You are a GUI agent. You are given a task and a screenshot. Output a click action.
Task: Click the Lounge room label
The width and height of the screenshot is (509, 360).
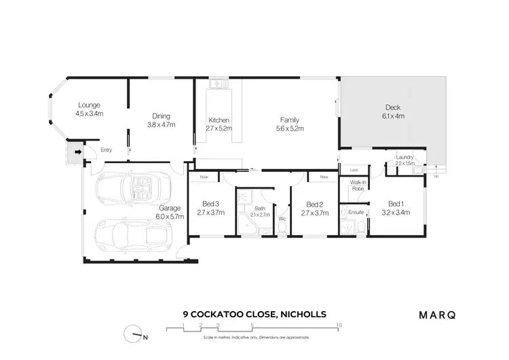tap(89, 105)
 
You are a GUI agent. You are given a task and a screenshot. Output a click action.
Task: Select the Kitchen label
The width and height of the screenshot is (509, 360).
tap(219, 120)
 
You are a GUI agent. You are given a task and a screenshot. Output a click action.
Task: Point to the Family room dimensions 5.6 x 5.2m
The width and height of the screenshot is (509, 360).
tap(290, 128)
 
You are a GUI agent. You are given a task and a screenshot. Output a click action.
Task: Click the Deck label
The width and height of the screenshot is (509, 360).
tap(394, 107)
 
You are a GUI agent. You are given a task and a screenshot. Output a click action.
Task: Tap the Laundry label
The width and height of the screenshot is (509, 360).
tap(404, 158)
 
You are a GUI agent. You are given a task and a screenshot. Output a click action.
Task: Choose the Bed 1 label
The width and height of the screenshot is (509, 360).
tap(396, 203)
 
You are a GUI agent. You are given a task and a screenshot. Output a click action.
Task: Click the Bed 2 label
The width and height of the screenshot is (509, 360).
tap(314, 204)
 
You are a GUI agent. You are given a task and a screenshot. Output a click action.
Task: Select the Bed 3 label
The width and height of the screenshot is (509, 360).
tap(210, 204)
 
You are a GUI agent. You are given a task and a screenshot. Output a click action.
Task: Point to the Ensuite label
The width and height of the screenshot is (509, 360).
tap(356, 213)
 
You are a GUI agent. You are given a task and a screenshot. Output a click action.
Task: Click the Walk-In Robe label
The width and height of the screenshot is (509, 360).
tap(358, 185)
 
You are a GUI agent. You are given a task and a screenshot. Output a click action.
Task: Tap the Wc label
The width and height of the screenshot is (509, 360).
tap(282, 219)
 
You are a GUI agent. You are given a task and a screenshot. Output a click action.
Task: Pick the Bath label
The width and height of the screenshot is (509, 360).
tap(259, 209)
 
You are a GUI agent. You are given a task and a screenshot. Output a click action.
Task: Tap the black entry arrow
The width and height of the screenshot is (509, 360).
tap(78, 152)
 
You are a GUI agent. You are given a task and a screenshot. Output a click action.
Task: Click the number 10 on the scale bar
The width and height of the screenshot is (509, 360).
tap(339, 325)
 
